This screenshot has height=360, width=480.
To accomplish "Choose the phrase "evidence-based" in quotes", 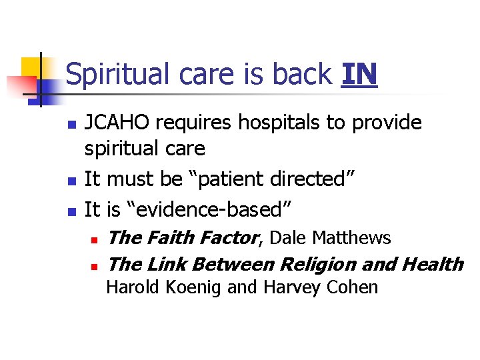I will [207, 209].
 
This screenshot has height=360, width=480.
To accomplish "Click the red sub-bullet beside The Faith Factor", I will [95, 239].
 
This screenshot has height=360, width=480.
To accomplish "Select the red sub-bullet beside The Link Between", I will [95, 266].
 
